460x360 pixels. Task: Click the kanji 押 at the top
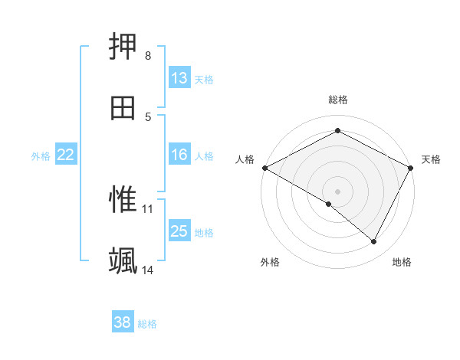coord(123,47)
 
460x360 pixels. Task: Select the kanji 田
coord(123,107)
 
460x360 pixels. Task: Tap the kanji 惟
coord(123,200)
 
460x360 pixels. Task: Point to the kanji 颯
coord(123,260)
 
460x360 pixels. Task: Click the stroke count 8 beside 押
coord(148,56)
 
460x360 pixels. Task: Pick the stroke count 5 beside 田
coord(148,116)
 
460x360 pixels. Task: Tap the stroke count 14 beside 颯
coord(148,270)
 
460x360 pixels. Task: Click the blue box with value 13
coord(179,78)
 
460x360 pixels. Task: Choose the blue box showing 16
coord(179,155)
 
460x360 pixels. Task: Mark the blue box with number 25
coord(179,231)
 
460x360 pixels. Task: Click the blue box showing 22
coord(66,155)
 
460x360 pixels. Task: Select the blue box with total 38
coord(123,323)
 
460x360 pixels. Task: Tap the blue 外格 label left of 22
coord(41,155)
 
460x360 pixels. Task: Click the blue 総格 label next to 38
coord(147,324)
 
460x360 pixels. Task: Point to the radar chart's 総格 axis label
coord(338,100)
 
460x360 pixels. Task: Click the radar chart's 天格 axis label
coord(432,159)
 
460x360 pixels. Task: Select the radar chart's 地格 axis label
coord(402,262)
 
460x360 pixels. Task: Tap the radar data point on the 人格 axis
coord(264,167)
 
